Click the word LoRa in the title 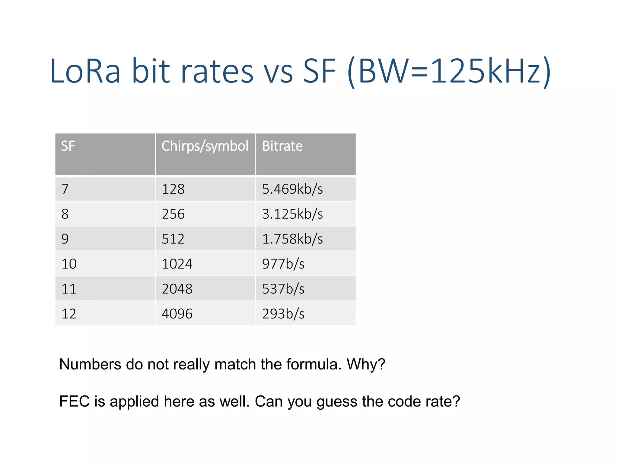coord(85,71)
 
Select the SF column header coord(68,146)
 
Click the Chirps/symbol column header coord(205,146)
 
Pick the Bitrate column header coord(282,146)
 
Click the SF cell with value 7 coord(65,189)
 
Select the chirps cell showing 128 coord(173,189)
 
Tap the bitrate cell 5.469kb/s coord(292,189)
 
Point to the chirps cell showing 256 coord(173,214)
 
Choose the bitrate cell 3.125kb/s coord(292,214)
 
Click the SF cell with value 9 coord(65,239)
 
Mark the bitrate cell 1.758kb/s coord(292,239)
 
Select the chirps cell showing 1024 coord(177,264)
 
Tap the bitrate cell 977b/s coord(283,264)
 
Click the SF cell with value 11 coord(69,289)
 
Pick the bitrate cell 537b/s coord(283,289)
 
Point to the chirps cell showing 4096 coord(177,314)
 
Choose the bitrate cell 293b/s coord(283,314)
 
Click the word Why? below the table coord(366,364)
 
